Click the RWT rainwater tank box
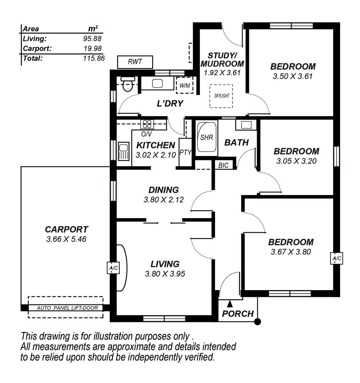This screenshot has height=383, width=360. [x=135, y=62]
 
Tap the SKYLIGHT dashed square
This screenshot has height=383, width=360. [x=221, y=96]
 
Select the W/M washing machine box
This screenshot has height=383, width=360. [x=185, y=85]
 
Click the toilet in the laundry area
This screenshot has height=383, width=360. [x=127, y=84]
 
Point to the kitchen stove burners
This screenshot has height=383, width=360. [x=147, y=124]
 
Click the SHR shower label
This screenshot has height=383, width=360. [x=206, y=138]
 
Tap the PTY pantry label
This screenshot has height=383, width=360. [x=185, y=153]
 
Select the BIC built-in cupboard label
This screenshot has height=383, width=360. [x=223, y=165]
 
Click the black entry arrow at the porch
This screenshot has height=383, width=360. [x=230, y=304]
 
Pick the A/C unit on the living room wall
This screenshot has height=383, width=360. [x=113, y=268]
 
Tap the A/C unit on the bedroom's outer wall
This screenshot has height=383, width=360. [x=337, y=259]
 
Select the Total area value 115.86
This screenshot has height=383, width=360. [x=94, y=58]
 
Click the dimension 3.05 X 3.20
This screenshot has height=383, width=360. [x=296, y=161]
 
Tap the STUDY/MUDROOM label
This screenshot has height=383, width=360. [x=222, y=60]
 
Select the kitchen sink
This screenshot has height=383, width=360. [x=124, y=151]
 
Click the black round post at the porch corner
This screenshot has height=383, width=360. [x=258, y=322]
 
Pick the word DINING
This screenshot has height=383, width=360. [x=163, y=190]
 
